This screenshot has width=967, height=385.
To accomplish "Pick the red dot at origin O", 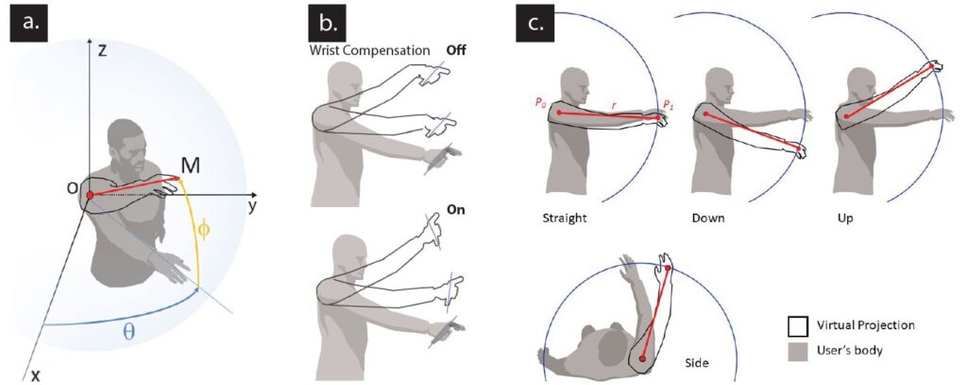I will click(90, 195).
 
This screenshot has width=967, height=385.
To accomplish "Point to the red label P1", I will click(667, 104).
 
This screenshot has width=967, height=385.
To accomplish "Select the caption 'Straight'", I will click(565, 217).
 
